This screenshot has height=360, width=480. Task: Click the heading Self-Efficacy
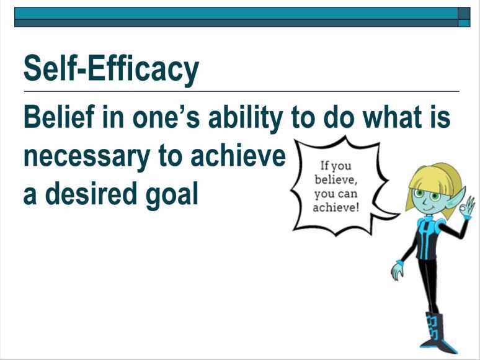111,69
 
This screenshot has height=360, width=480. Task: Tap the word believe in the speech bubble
336,180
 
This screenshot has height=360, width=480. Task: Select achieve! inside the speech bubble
336,207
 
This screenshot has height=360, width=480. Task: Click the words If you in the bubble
336,166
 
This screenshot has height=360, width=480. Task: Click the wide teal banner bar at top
236,13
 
